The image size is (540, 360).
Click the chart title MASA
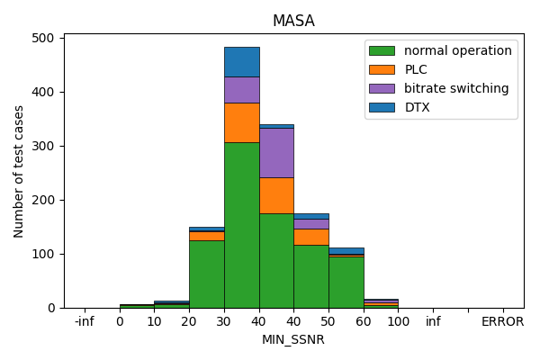293,21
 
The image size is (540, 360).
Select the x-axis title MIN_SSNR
293,339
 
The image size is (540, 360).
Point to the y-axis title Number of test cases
19,171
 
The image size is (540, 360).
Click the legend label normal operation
457,50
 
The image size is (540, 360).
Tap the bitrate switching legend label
456,88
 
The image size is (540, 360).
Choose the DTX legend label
418,107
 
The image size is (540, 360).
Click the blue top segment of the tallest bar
241,62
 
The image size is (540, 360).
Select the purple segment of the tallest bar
241,90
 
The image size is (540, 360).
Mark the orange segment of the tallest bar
241,122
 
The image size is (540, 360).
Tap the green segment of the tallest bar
241,225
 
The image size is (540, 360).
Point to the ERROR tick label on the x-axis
502,321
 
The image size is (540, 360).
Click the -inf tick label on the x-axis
84,321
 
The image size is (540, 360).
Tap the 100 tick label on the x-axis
398,321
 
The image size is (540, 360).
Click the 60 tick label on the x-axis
364,321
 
